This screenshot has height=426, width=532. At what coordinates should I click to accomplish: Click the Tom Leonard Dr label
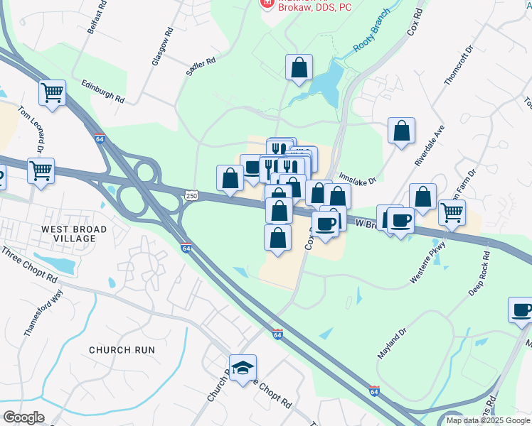point(29,132)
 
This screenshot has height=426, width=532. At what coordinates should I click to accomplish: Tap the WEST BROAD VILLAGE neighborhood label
point(74,234)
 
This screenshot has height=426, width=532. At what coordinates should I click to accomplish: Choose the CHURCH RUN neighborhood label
point(122,350)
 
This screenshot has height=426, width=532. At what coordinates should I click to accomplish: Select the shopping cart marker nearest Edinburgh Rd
point(53,93)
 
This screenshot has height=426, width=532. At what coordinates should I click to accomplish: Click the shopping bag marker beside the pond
point(299,68)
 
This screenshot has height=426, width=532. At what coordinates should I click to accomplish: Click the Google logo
point(23,417)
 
